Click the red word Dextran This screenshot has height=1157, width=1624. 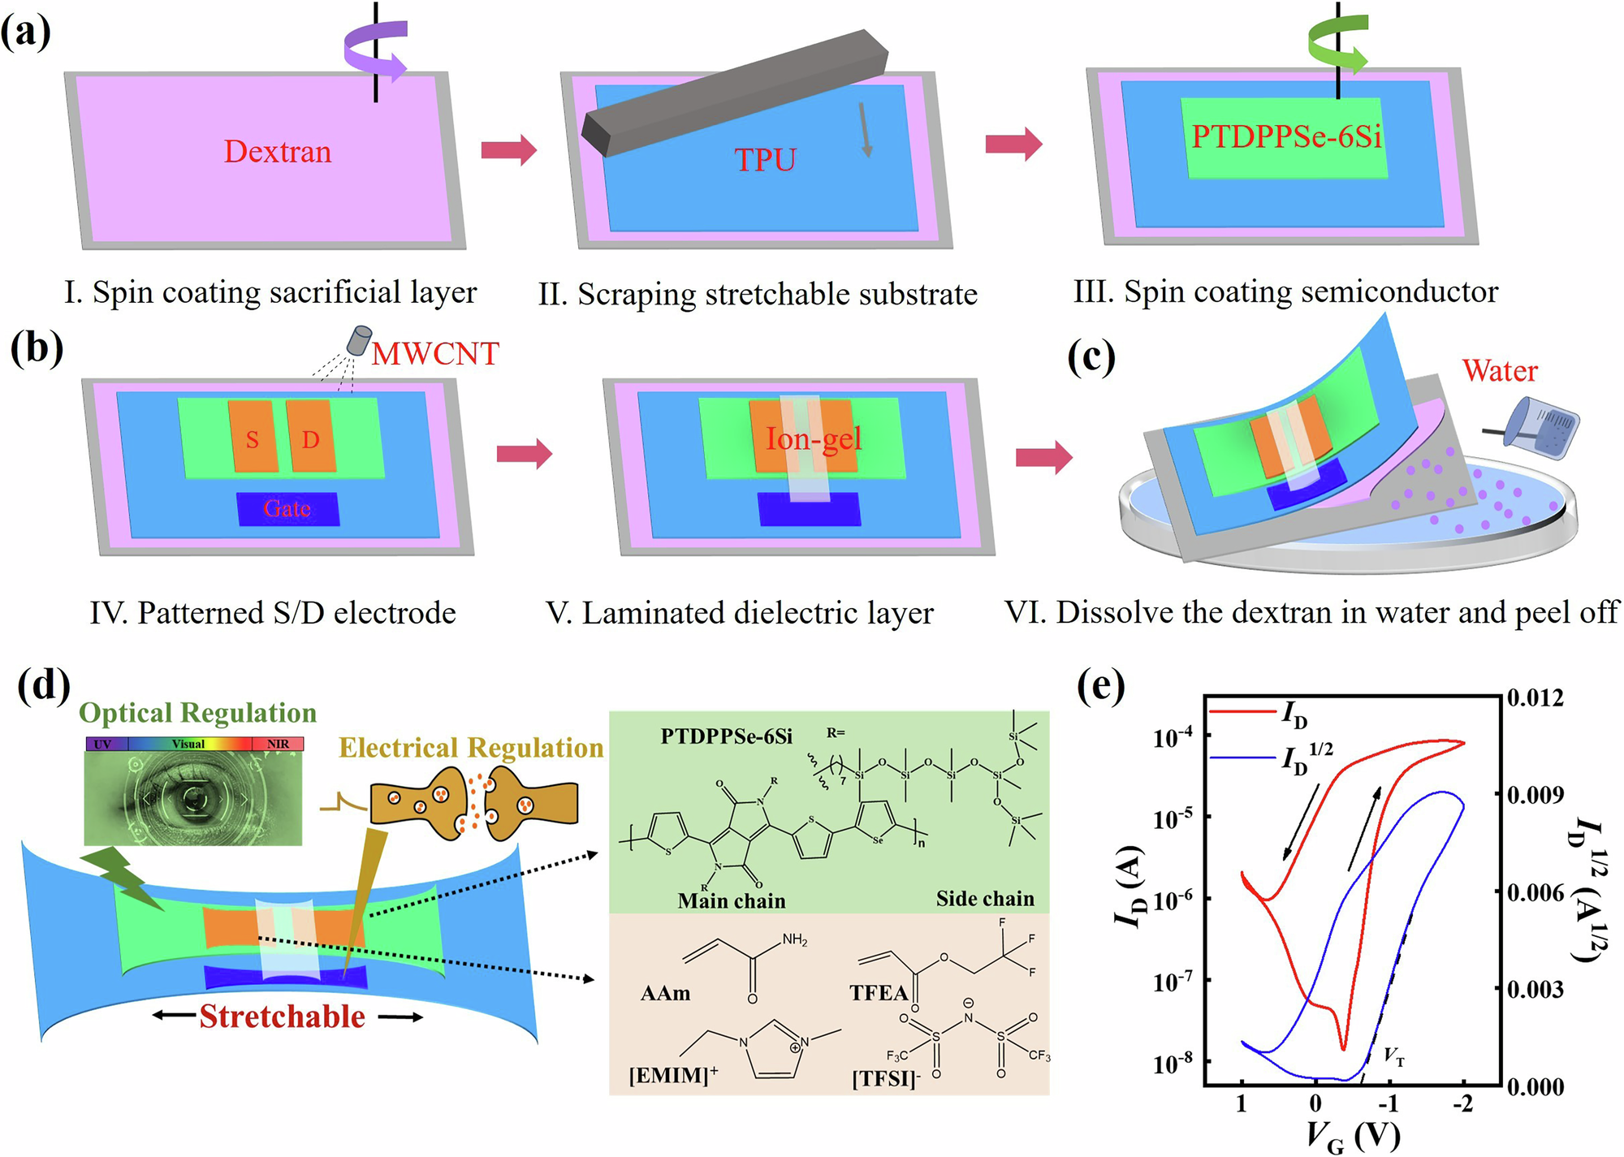coord(278,152)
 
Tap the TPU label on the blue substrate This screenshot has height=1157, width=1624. coord(765,160)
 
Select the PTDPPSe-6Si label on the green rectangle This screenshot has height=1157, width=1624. coord(1286,136)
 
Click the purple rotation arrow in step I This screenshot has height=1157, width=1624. coord(374,51)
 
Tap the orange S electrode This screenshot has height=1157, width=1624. coord(253,438)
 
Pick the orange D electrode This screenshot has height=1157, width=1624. coord(311,438)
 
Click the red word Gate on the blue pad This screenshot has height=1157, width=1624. coord(287,509)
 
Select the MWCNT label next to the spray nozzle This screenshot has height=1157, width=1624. coord(435,353)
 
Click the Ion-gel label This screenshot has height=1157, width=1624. coord(813,439)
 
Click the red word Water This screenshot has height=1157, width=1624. coord(1500,370)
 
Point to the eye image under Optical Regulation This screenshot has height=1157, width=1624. coord(193,797)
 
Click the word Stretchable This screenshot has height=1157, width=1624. coord(283,1017)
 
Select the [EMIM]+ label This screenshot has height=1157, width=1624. coord(673,1076)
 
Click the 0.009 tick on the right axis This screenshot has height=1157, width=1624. coord(1535,794)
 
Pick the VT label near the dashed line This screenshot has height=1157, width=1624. coord(1393,1056)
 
